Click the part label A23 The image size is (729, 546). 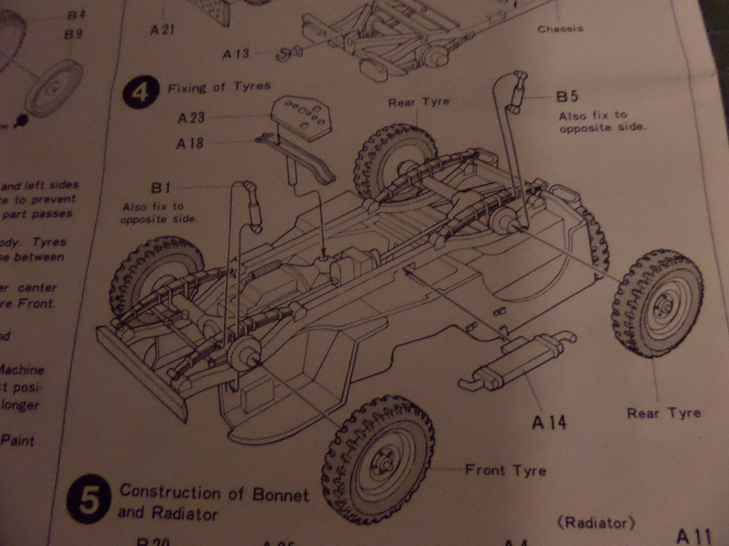point(191,118)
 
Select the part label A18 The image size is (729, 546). point(190,144)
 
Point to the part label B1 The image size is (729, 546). point(160,188)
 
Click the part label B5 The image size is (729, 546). point(567,96)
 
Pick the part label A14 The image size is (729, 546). point(549,422)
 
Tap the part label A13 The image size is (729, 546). point(236,54)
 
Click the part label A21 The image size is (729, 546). point(163,30)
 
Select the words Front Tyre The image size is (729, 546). point(505,470)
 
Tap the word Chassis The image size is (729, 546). point(560,29)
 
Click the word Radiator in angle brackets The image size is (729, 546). point(596,523)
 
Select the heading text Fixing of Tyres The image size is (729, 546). point(219,87)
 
